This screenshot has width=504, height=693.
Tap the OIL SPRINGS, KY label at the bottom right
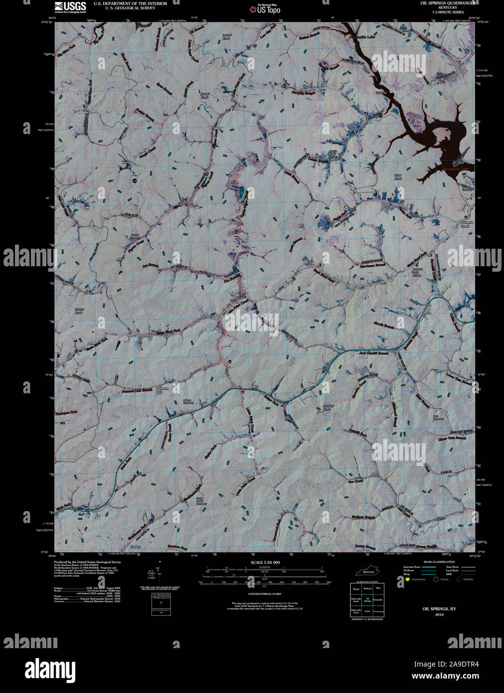click(x=439, y=609)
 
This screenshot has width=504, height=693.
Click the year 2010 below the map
click(x=439, y=614)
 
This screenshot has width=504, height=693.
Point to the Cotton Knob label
click(x=79, y=311)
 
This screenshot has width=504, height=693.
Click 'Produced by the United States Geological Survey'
click(x=88, y=561)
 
